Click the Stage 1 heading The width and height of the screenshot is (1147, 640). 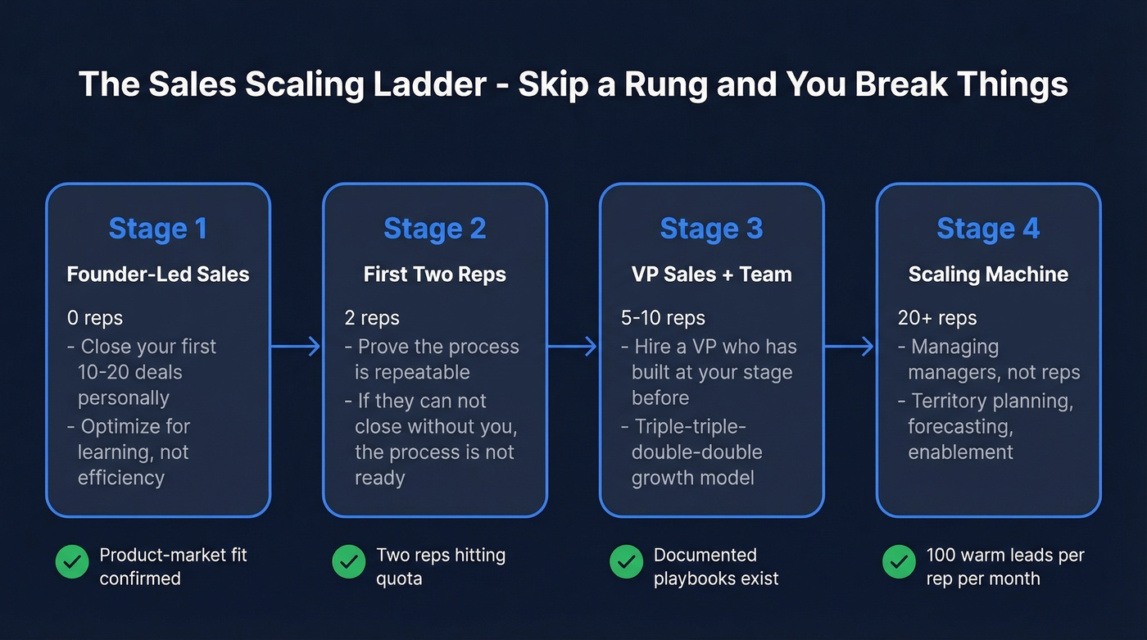click(x=157, y=229)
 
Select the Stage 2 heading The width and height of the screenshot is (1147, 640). click(x=434, y=229)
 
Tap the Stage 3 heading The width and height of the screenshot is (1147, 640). click(x=711, y=229)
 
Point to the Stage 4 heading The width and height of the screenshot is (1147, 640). click(x=988, y=229)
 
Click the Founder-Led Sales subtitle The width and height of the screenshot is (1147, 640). click(x=157, y=274)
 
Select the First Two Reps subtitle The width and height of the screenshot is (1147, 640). click(x=434, y=274)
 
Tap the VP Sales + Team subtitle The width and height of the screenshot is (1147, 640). click(x=711, y=274)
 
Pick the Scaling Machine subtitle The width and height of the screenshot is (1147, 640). click(x=988, y=274)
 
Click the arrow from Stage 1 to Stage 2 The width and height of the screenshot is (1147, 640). click(x=296, y=347)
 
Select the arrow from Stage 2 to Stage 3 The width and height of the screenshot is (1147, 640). click(x=573, y=347)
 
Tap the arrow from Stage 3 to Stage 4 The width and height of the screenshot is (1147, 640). click(x=850, y=347)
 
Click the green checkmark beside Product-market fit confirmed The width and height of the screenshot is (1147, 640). click(x=72, y=562)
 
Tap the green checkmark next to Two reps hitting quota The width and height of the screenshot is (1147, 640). click(x=348, y=562)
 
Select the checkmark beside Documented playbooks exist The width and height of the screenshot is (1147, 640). click(x=626, y=562)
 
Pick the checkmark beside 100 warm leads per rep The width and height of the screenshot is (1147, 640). click(x=899, y=562)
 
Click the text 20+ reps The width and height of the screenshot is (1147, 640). click(x=936, y=318)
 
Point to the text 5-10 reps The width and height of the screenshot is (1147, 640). click(x=663, y=318)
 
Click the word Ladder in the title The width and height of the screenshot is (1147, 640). click(x=433, y=85)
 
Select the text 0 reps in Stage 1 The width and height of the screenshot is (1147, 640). click(x=96, y=318)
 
